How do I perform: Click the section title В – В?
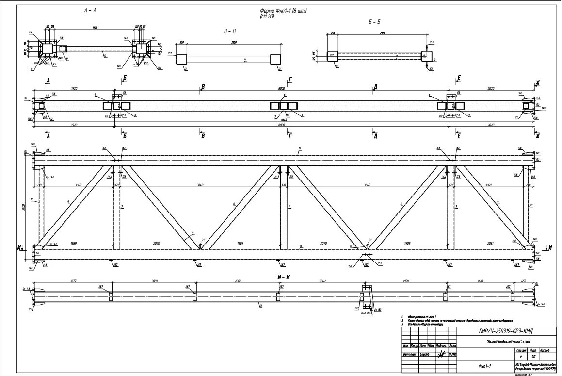coord(229,31)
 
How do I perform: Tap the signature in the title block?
coord(441,355)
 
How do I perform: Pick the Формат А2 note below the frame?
coord(523,374)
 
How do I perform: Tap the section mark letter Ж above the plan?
coord(537,83)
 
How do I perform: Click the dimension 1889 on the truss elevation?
coord(73,243)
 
